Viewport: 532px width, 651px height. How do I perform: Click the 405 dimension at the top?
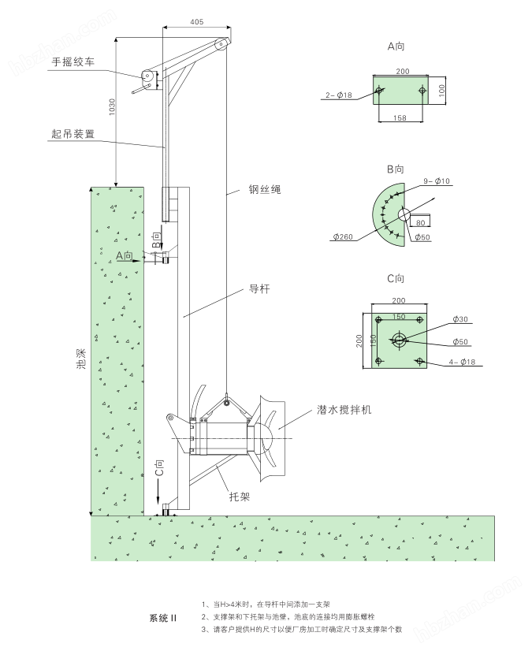point(195,22)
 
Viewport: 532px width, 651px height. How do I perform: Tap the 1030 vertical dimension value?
point(111,108)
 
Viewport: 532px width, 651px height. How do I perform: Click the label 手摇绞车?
point(73,61)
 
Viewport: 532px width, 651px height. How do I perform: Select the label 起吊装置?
point(74,134)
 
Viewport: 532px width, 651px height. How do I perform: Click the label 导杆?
point(259,289)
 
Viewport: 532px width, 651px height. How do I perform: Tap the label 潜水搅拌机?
point(344,410)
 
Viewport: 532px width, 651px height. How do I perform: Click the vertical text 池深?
point(81,359)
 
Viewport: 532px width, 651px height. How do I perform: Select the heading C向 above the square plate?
point(396,278)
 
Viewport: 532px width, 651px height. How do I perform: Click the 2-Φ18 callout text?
point(340,95)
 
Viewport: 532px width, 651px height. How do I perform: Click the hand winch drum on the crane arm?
point(147,77)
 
